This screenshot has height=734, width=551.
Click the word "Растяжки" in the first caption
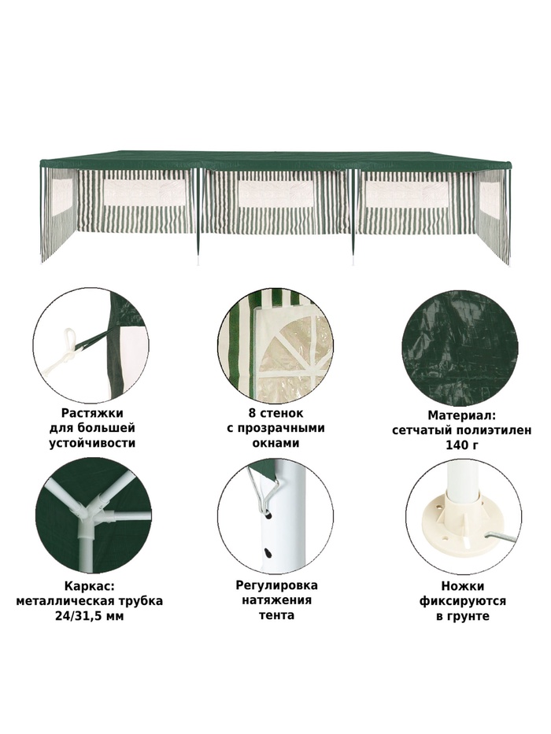[x=92, y=413]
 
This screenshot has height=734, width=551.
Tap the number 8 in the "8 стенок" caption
[x=253, y=413]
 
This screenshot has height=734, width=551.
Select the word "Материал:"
[x=461, y=415]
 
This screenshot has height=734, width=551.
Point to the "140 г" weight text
[x=461, y=444]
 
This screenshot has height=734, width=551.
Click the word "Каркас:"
[x=89, y=587]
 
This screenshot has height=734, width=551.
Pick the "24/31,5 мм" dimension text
[x=89, y=615]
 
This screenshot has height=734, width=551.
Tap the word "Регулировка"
[x=276, y=585]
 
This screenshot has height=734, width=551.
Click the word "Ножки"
[x=463, y=586]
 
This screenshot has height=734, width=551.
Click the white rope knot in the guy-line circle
[x=68, y=349]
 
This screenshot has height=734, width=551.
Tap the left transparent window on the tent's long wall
[x=145, y=193]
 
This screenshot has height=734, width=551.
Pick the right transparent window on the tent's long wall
[x=407, y=194]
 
